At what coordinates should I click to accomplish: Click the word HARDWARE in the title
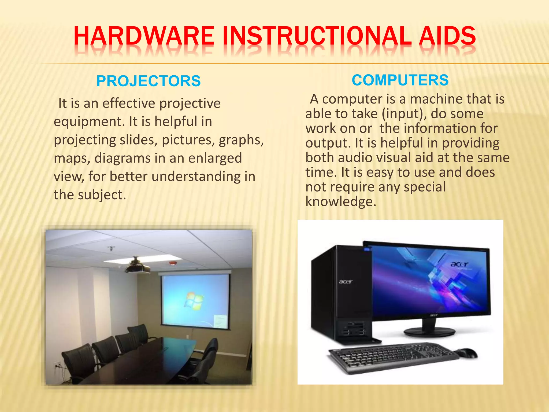coord(143,36)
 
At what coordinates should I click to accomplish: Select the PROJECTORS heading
coord(148,81)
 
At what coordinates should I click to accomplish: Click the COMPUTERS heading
coord(400,80)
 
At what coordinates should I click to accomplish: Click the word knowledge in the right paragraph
coord(340,202)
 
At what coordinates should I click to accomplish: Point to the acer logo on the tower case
coord(345,282)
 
